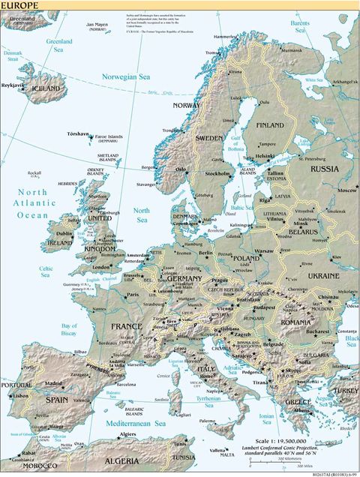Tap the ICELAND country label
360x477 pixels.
coord(46,88)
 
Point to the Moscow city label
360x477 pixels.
coord(346,190)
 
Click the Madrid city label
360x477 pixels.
coord(53,383)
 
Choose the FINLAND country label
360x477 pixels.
coord(270,124)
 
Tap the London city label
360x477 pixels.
coord(102,265)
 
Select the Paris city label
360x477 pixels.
coord(133,295)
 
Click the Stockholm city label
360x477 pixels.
coord(217,173)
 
